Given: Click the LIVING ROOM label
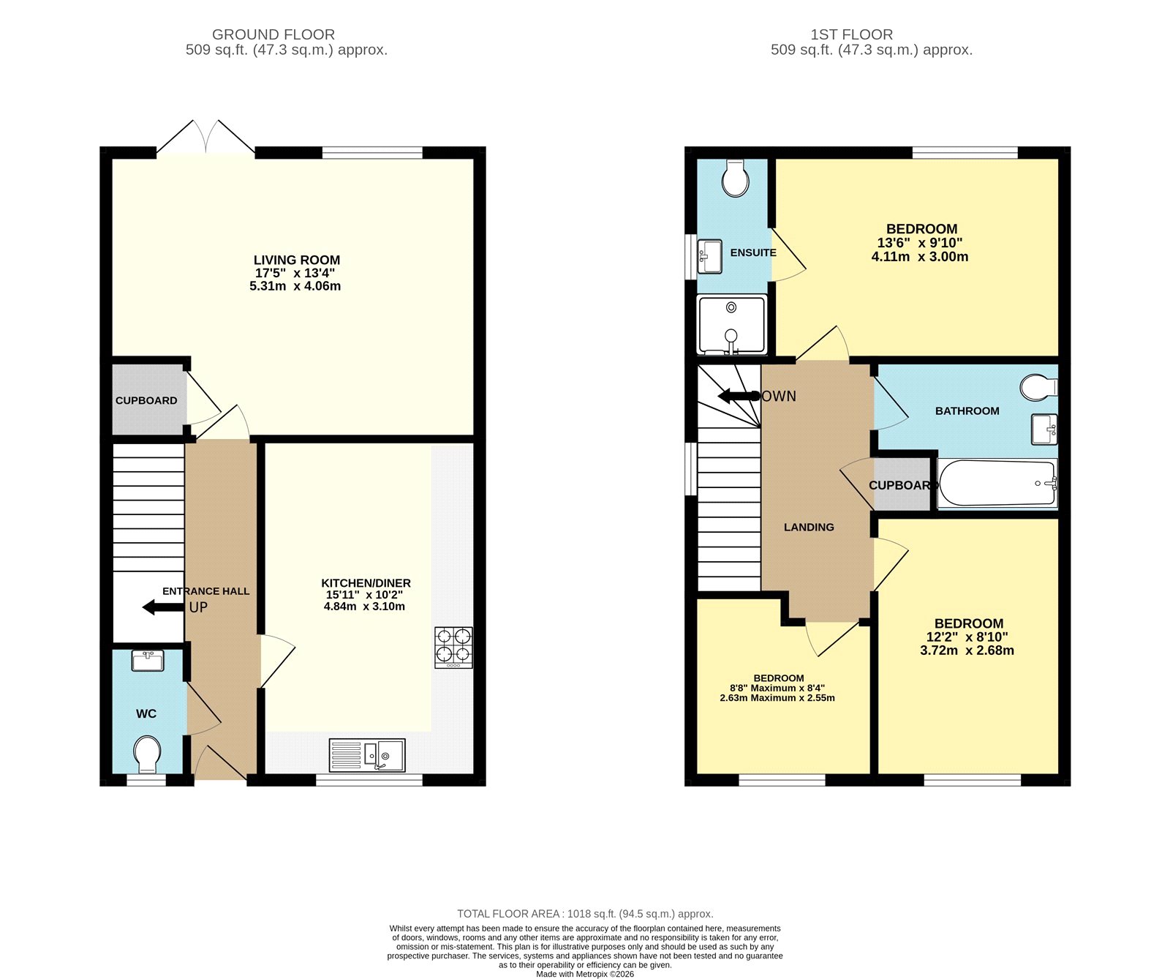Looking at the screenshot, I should click(296, 260).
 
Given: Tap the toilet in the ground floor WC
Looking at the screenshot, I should click(147, 754).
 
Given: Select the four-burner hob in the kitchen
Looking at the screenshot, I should click(453, 647).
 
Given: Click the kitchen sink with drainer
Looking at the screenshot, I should click(367, 755).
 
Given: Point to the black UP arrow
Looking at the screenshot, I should click(162, 607).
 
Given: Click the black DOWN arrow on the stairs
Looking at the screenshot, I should click(739, 396).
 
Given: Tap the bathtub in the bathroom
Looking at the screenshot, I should click(997, 483).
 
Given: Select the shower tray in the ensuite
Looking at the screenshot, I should click(732, 324).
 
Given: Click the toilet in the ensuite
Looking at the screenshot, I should click(735, 178).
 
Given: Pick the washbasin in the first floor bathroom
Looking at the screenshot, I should click(1044, 429).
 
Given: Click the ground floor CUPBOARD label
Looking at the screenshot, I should click(146, 400).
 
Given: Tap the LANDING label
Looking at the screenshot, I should click(809, 527).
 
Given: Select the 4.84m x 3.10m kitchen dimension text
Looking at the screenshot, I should click(364, 607).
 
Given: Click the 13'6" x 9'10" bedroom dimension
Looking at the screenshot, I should click(920, 243).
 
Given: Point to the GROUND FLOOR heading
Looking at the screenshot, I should click(273, 34).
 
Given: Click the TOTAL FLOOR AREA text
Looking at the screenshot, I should click(585, 913).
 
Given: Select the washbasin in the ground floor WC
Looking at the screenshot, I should click(148, 661).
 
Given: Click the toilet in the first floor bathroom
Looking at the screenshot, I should click(1039, 388).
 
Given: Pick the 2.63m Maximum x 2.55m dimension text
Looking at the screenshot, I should click(777, 698).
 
